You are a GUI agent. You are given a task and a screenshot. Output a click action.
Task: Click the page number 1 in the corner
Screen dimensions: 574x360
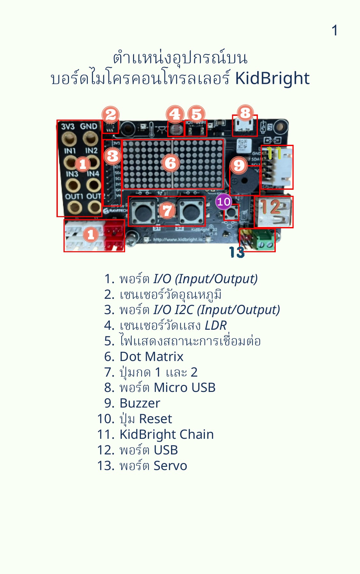point(334,31)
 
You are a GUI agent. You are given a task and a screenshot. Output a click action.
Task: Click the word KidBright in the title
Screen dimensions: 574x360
point(272,78)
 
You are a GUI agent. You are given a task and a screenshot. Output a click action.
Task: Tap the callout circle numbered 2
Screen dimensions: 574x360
point(110,114)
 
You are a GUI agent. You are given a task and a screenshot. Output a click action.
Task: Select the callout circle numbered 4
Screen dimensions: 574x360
point(175,114)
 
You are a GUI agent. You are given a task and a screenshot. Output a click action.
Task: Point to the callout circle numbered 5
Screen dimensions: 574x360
point(196,114)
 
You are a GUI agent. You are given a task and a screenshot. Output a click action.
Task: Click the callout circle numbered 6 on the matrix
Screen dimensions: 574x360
point(170,163)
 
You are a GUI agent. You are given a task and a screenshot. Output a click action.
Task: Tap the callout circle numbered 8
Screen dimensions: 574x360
point(245,113)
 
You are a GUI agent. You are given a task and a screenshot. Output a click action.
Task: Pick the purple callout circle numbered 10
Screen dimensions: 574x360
point(223,202)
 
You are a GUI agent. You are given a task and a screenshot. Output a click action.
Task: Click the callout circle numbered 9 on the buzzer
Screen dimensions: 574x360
point(239,165)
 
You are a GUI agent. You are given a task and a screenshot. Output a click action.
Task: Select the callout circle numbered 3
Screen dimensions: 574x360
point(113,156)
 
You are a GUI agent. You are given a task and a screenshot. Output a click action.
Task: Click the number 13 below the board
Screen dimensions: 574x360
point(237,253)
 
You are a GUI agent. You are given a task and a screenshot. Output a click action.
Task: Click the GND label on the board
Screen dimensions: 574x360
point(88,127)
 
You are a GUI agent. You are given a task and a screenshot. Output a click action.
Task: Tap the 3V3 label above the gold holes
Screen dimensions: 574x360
point(68,127)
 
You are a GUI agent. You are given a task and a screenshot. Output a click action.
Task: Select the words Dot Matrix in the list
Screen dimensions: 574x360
point(151,357)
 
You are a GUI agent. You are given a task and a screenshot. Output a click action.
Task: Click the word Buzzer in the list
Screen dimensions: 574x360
point(140,403)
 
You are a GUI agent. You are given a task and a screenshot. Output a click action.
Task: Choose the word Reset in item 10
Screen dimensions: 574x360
point(155,419)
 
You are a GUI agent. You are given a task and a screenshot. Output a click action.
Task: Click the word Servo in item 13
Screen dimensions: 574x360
point(170,466)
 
